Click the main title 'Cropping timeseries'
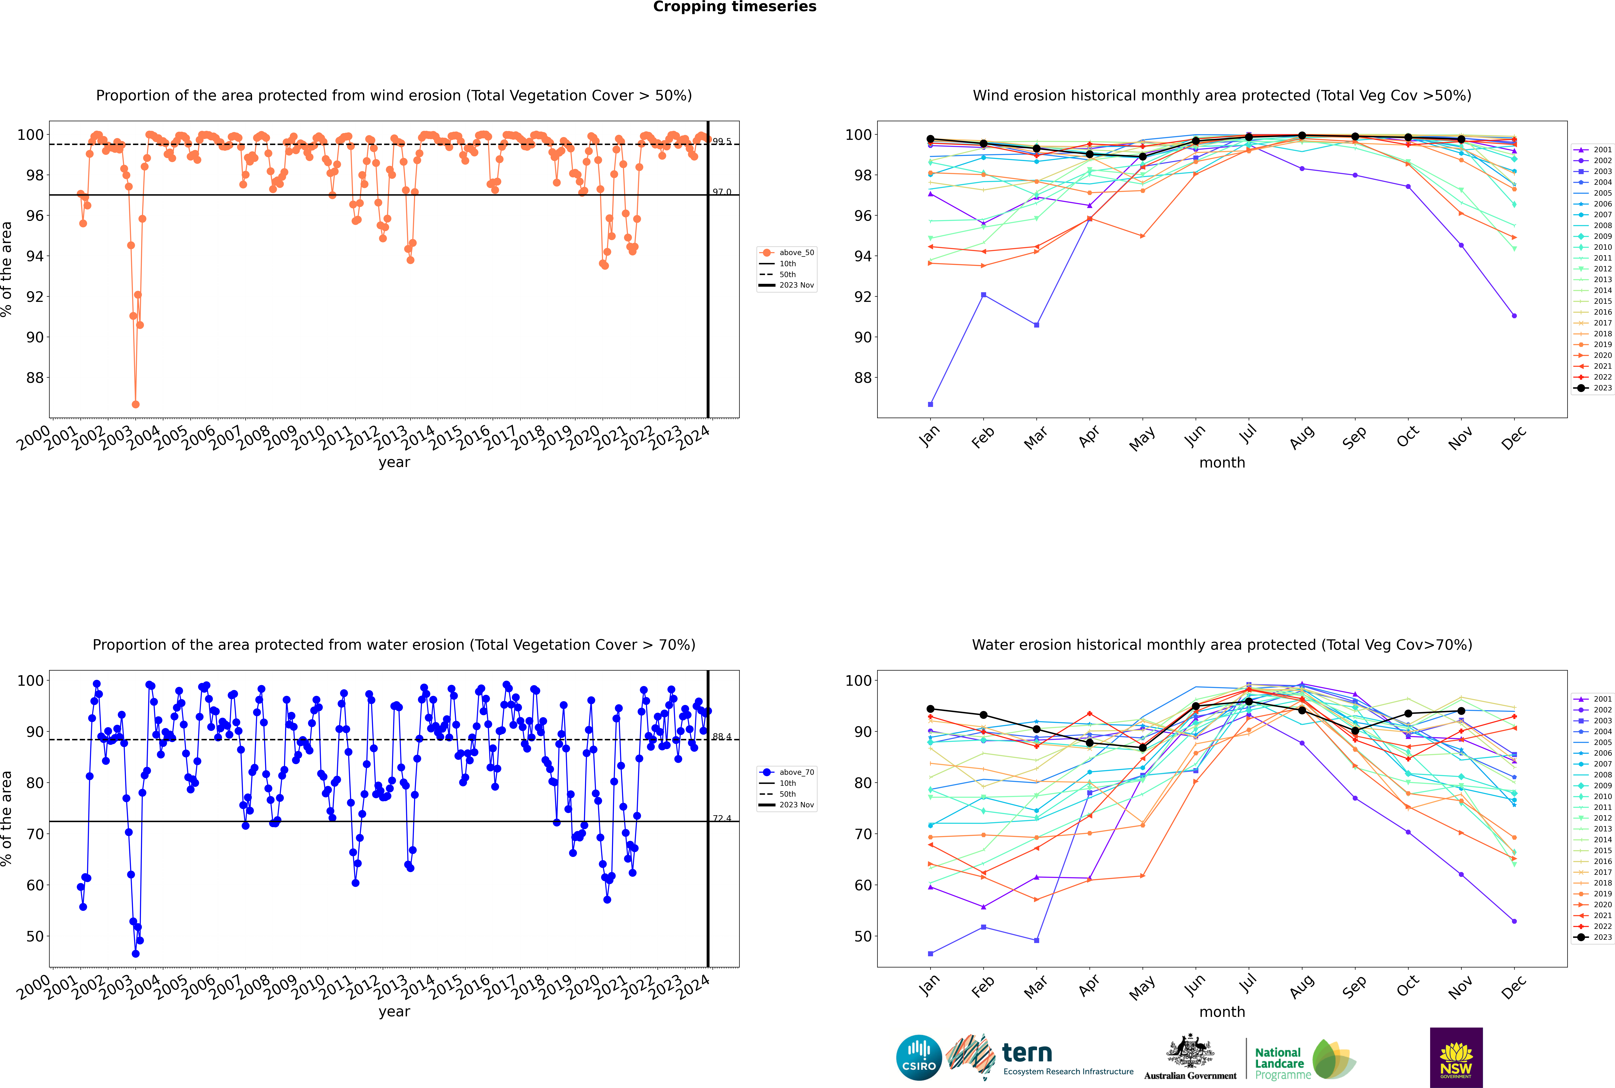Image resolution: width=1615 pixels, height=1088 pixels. [735, 7]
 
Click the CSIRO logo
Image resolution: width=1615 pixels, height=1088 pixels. [919, 1058]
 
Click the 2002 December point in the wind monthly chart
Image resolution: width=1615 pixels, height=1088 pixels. [1514, 316]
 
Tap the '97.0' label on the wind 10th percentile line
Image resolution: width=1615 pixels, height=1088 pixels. [721, 192]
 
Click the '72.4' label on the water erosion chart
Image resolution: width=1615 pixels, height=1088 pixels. [721, 819]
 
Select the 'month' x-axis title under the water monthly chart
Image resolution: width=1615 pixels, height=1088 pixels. [1222, 1012]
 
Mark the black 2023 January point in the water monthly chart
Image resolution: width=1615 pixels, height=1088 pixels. [930, 709]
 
